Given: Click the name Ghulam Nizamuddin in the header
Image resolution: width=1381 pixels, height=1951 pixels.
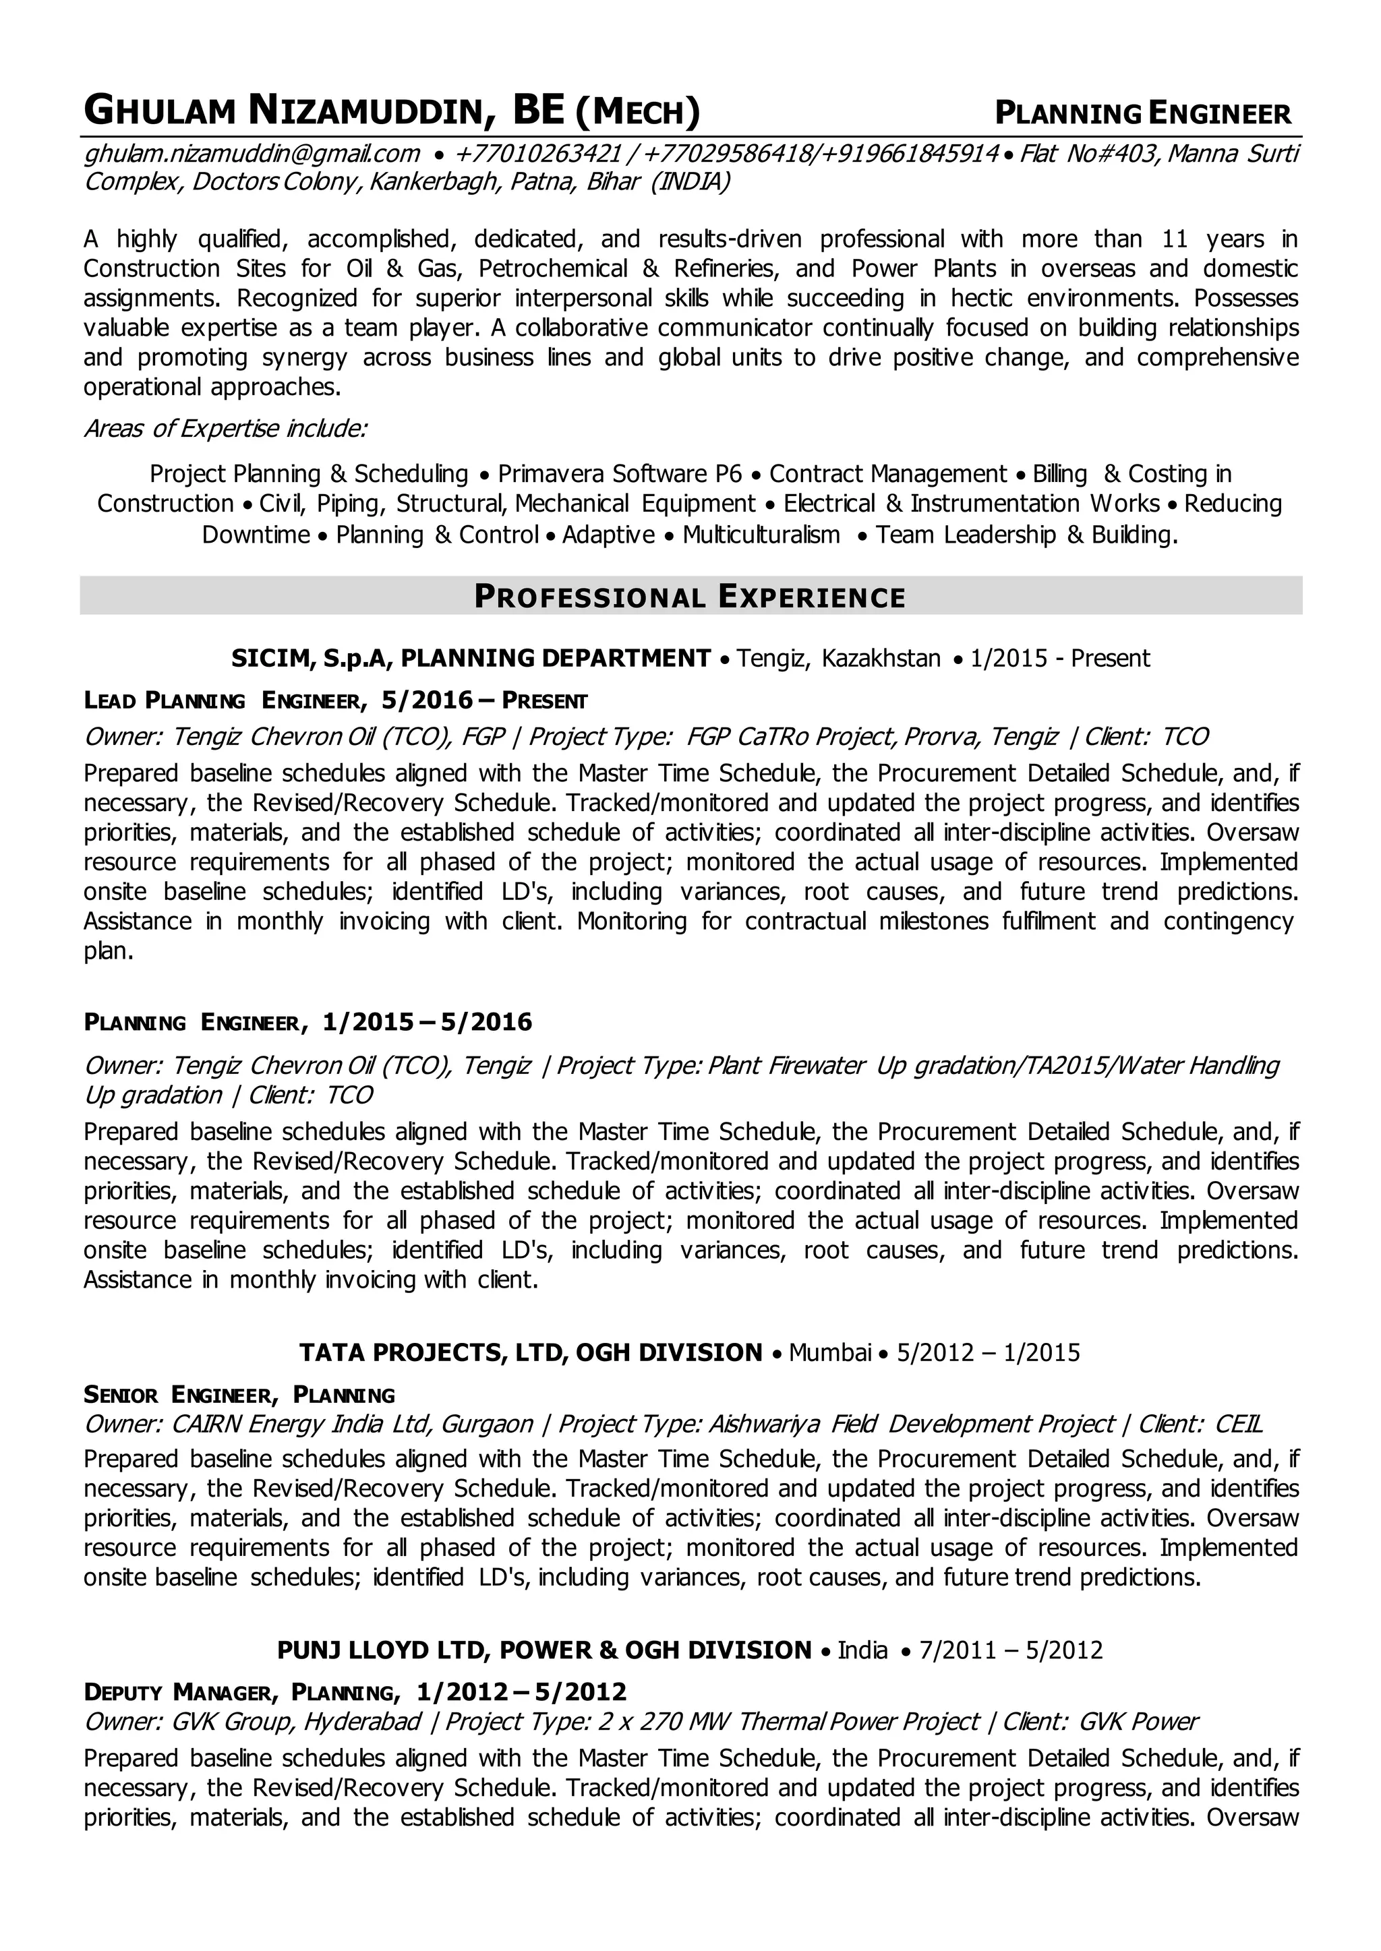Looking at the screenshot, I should click(289, 111).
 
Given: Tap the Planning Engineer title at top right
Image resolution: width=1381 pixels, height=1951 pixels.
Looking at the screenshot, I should click(1143, 113).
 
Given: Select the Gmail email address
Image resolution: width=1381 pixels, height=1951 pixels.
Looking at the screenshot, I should click(252, 154).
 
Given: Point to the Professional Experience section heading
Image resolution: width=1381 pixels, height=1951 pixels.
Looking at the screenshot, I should click(690, 597).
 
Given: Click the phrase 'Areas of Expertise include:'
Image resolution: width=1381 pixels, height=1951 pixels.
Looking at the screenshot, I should click(225, 429).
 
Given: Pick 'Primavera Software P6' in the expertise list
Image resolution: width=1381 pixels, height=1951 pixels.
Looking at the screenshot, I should click(620, 473).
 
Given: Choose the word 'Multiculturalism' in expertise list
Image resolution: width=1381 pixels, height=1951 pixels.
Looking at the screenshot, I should click(761, 535).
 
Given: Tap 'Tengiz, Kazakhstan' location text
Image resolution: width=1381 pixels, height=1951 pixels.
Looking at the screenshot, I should click(838, 658).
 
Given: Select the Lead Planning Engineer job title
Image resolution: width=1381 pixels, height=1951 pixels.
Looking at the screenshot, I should click(225, 700).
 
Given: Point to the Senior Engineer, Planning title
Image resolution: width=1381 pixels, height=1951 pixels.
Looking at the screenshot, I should click(240, 1394).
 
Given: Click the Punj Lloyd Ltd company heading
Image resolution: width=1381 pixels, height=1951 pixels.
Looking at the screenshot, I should click(381, 1650).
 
